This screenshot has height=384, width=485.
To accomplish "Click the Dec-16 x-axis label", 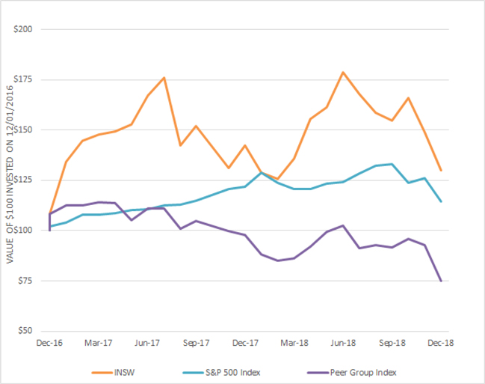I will point(50,343).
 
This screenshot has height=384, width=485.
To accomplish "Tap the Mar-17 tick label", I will point(99,343).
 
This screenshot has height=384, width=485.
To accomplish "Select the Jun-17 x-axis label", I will point(147,343).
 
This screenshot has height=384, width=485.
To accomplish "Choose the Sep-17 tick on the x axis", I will point(197,343).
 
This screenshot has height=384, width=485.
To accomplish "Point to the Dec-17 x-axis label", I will point(245,343).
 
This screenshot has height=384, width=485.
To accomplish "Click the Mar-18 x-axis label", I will point(294,343).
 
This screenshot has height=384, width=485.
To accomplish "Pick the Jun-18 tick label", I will point(343,343).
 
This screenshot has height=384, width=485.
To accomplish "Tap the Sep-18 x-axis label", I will point(392,343).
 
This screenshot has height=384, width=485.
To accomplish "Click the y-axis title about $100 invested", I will point(10,174).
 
